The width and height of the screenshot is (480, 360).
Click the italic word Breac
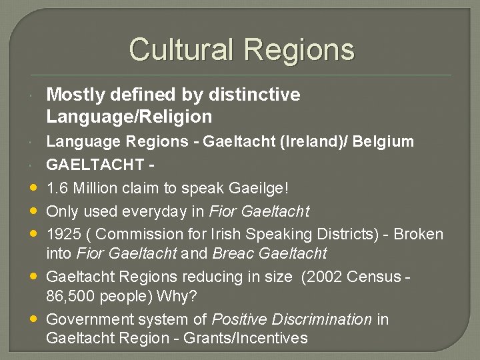234,253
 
